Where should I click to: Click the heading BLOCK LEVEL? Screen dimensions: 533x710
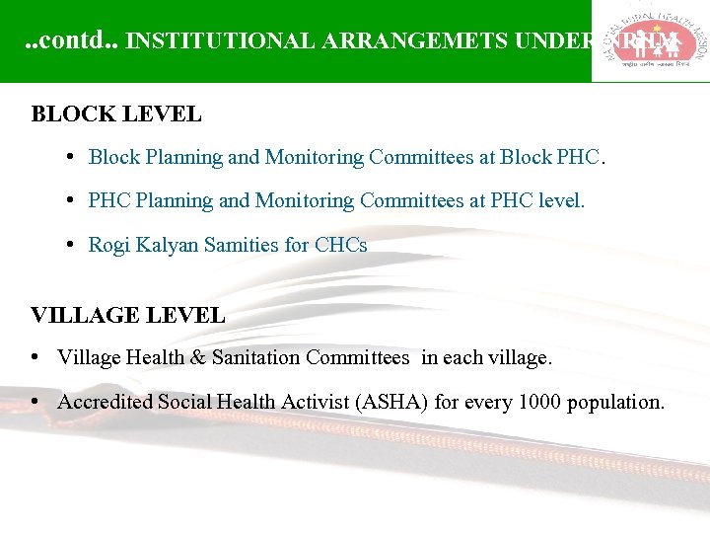click(x=116, y=114)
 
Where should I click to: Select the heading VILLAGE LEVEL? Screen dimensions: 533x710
click(x=128, y=316)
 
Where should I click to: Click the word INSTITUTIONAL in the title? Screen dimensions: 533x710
click(x=221, y=41)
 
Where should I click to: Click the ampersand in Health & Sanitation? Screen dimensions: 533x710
click(x=197, y=357)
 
